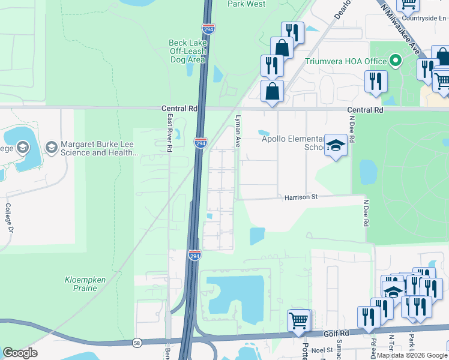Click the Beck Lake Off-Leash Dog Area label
187,52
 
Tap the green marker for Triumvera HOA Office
395,61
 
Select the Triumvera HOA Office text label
345,61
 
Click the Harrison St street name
300,196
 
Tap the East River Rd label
170,133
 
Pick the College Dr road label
9,217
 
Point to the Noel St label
322,349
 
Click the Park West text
247,4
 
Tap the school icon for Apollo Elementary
336,146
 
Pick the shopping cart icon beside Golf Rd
298,320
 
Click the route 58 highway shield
137,343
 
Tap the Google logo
20,353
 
